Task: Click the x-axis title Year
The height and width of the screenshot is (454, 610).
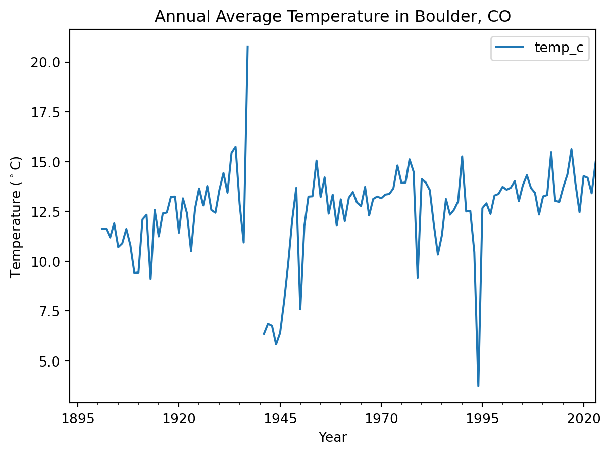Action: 332,437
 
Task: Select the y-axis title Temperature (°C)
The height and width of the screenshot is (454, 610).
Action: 16,217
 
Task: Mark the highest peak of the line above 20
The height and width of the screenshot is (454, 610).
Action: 247,47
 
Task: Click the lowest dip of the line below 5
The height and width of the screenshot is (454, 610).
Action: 478,386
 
